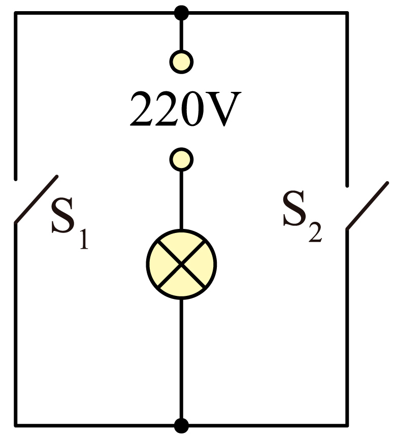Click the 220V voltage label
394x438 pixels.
tap(185, 109)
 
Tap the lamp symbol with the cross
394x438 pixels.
tap(181, 264)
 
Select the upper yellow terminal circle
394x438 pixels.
tap(181, 62)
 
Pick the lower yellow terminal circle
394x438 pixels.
tap(181, 159)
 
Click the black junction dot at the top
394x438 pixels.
tap(181, 13)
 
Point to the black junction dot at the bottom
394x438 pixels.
tap(181, 426)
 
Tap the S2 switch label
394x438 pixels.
tap(302, 216)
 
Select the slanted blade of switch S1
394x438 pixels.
tap(37, 199)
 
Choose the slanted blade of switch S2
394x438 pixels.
tap(368, 206)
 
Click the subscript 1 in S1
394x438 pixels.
tap(84, 239)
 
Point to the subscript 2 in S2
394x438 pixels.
tap(316, 232)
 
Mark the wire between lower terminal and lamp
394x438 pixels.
tap(181, 200)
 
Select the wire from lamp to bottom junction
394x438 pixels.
tap(181, 359)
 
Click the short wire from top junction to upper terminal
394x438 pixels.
tap(181, 35)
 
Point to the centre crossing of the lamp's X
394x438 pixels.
tap(181, 264)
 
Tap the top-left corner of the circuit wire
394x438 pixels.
tap(16, 13)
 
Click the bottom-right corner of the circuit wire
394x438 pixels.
tap(347, 426)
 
